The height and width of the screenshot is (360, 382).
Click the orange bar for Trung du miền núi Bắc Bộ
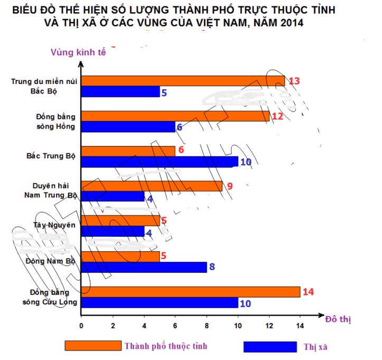182,81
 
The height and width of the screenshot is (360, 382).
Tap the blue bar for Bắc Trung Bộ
159,162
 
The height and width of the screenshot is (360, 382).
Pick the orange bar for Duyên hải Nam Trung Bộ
151,186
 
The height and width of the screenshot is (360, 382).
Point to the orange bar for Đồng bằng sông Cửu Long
190,292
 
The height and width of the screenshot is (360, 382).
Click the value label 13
294,81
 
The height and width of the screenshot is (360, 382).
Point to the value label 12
277,116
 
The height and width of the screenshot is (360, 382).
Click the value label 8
212,266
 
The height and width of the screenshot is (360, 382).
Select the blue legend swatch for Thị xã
269,347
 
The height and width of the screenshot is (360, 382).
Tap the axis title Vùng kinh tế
79,52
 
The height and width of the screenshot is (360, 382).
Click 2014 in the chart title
292,23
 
